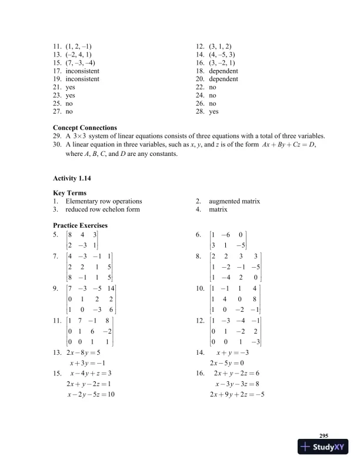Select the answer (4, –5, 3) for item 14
pos(224,54)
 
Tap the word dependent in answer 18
pos(224,70)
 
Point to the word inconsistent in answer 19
pos(82,78)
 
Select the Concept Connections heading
pos(85,127)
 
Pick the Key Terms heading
pos(70,193)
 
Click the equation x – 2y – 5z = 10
pos(91,394)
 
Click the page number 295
pos(323,435)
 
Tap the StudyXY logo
pos(324,448)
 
